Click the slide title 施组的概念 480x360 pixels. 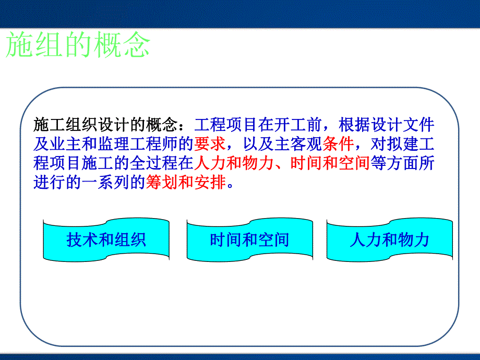point(78,46)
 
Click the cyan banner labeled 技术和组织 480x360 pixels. point(106,239)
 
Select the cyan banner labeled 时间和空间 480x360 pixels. point(249,239)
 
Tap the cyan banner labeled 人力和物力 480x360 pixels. point(389,239)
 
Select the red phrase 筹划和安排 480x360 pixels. point(186,184)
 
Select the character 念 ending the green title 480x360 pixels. point(137,46)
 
